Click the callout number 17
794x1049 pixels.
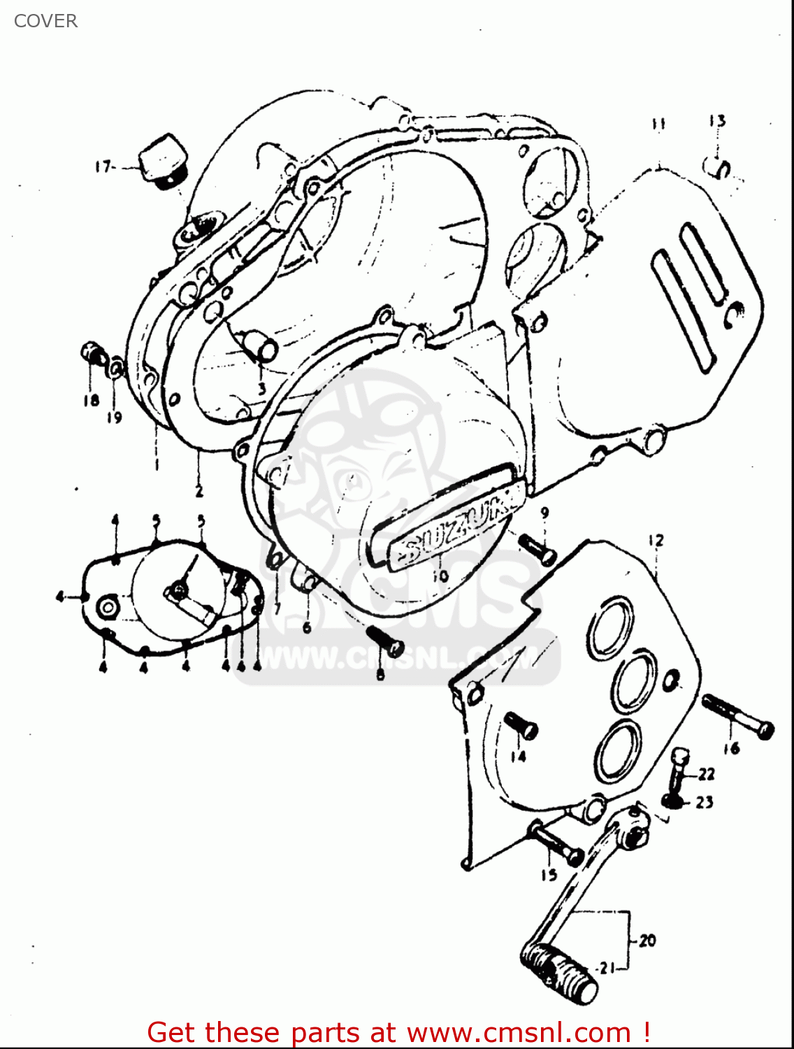pos(103,166)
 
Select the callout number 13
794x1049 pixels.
pos(717,121)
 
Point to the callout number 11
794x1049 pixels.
pos(658,124)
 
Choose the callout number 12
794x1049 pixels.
pos(656,541)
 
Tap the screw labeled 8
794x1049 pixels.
pos(384,641)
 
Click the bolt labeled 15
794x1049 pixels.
pos(556,843)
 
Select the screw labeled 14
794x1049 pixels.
pos(521,725)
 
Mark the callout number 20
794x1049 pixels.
pos(647,941)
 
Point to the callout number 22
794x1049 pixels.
pos(707,773)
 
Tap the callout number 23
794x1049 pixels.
pos(705,802)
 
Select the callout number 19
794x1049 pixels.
pos(115,418)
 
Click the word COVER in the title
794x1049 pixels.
pos(45,21)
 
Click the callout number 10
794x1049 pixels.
pos(440,576)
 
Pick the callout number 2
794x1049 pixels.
pos(199,492)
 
